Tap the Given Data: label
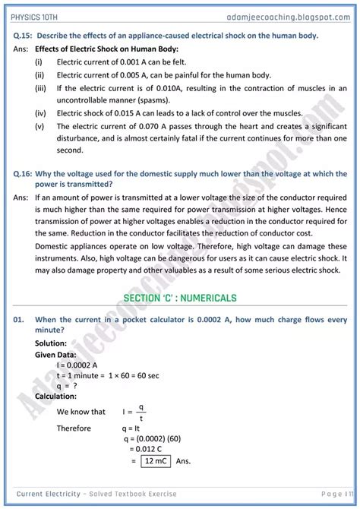58,354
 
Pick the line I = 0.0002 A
83,364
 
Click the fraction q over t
141,411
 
